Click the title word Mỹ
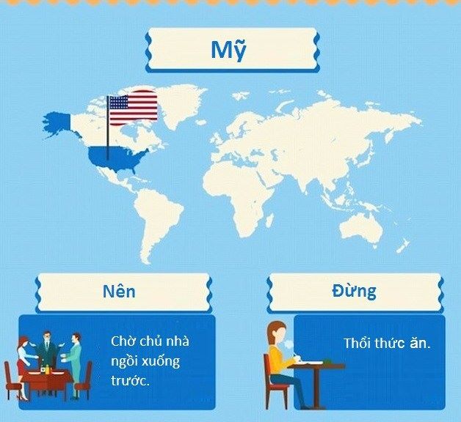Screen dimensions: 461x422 [x=228, y=50]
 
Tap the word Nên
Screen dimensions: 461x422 [x=119, y=292]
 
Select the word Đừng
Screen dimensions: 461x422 [x=354, y=291]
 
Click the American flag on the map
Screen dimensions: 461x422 [x=133, y=108]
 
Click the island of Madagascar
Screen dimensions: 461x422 [x=270, y=221]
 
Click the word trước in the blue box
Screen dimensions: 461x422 [x=130, y=381]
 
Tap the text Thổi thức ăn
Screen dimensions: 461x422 [x=387, y=343]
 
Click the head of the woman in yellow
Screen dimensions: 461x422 [x=277, y=333]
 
